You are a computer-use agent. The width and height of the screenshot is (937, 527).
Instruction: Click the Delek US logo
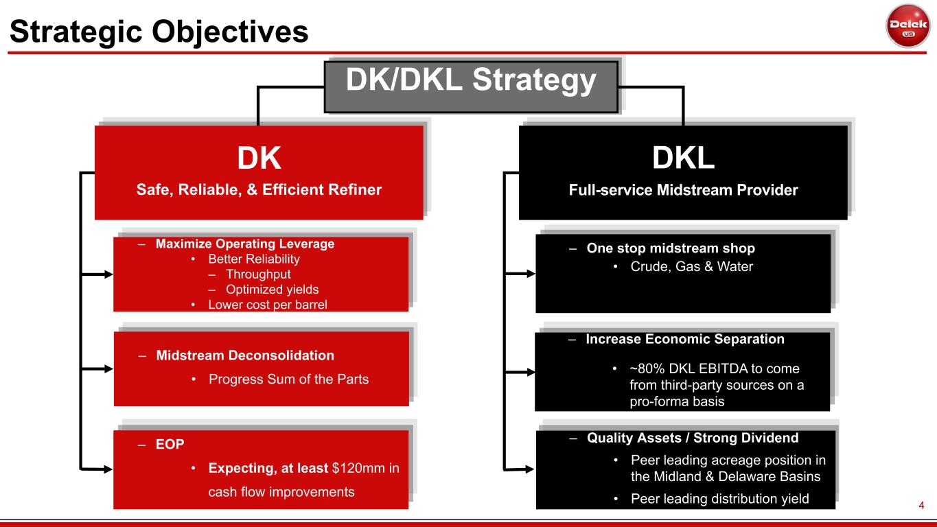(907, 26)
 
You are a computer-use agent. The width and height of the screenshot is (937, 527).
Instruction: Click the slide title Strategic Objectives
(159, 32)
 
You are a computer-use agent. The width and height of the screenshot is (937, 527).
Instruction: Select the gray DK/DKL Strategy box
(471, 87)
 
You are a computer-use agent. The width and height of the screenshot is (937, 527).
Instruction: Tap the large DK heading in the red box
(259, 158)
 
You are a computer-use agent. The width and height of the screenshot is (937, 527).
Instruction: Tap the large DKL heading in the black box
(683, 158)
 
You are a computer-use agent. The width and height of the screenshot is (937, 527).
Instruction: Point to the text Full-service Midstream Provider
(683, 190)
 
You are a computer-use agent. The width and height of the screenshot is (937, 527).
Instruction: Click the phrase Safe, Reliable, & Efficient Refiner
(259, 190)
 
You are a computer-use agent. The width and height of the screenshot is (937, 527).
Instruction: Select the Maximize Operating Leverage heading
(244, 244)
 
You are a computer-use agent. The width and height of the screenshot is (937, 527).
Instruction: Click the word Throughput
(258, 274)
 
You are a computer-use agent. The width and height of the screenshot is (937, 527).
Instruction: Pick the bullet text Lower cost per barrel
(268, 305)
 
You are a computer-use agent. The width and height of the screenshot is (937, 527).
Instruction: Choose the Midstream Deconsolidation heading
(245, 355)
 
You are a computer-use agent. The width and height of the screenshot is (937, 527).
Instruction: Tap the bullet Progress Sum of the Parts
(288, 379)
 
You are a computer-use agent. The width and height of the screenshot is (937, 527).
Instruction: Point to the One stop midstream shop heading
(671, 248)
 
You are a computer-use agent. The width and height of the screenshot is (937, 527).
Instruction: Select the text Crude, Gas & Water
(692, 266)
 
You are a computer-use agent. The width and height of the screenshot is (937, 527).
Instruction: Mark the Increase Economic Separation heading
(685, 339)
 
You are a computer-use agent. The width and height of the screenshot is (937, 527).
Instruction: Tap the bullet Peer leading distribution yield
(720, 499)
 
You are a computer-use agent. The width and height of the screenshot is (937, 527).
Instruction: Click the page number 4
(921, 505)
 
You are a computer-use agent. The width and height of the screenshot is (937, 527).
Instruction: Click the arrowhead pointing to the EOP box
(108, 469)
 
